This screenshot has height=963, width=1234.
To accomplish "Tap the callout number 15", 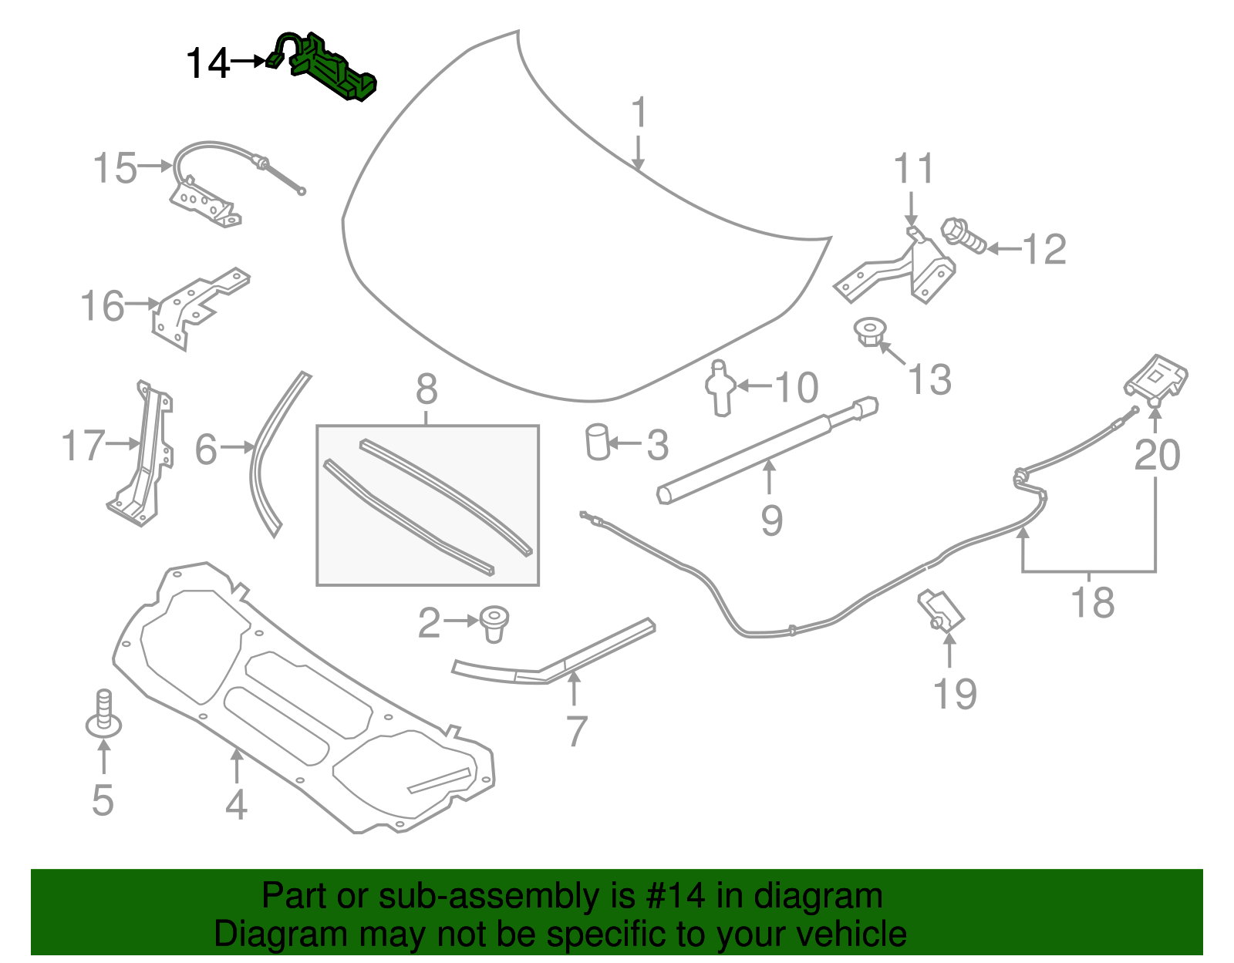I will tap(115, 168).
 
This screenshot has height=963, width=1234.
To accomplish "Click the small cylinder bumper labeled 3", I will tap(598, 442).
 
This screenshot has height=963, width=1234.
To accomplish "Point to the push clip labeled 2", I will tap(494, 621).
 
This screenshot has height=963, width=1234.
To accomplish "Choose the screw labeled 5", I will tap(103, 713).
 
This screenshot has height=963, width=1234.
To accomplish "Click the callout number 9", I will tap(771, 520).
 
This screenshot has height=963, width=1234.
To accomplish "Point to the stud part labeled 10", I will tap(720, 388).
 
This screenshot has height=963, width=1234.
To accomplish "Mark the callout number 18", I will tap(1093, 602).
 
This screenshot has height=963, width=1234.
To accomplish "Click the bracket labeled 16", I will tap(197, 305).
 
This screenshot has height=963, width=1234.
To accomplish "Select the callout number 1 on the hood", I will tap(639, 113).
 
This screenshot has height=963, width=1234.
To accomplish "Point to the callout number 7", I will tap(577, 731).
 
